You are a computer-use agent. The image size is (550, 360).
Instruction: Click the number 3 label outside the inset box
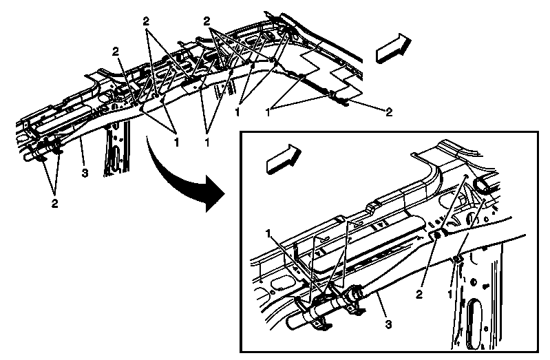click(84, 172)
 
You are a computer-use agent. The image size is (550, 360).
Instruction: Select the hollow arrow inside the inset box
click(283, 158)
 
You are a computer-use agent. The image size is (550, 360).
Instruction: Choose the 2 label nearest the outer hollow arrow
click(389, 112)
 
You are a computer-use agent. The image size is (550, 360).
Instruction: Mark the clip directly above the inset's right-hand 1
click(458, 259)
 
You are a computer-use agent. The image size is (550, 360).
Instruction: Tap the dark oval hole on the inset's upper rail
click(480, 185)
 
